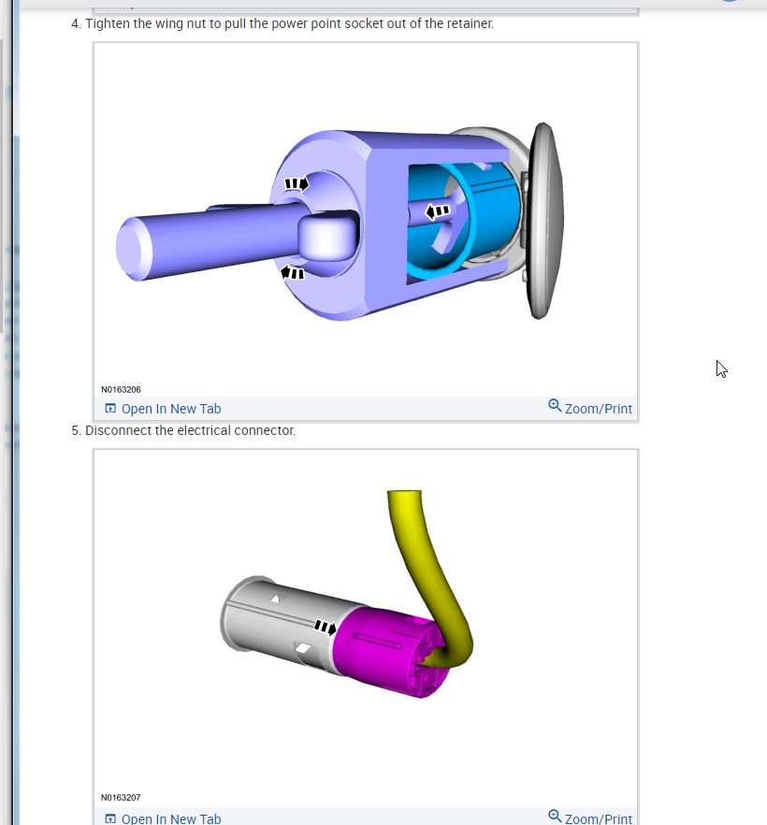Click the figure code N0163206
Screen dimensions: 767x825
coord(121,389)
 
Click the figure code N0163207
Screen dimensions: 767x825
coord(121,797)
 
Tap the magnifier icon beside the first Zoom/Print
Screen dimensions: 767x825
coord(555,406)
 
